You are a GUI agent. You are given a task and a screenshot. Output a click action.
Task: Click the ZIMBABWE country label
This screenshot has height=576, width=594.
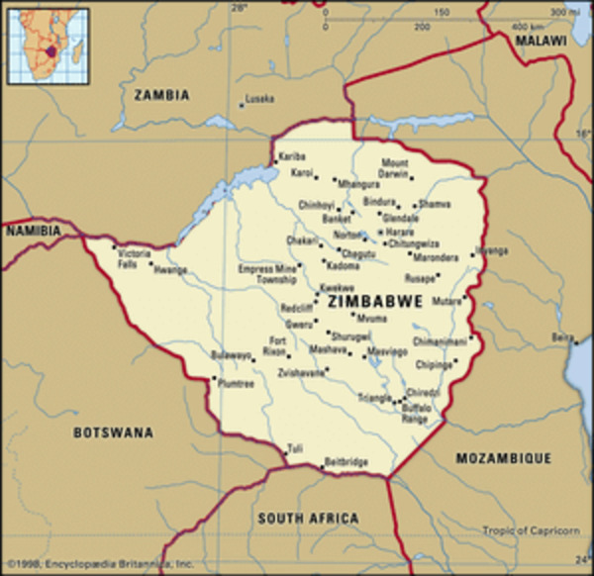(375, 301)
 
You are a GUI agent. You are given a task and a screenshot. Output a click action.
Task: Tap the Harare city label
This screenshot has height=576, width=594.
(400, 232)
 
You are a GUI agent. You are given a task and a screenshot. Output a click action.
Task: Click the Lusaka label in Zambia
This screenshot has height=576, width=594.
(259, 99)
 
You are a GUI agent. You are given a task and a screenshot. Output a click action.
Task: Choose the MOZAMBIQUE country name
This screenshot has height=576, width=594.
(502, 459)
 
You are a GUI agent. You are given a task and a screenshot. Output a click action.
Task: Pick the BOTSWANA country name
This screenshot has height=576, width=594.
(114, 432)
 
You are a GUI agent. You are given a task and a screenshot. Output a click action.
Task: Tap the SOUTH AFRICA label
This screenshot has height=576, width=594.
(308, 518)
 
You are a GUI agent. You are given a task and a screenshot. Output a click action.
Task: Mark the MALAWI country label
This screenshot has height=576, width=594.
(541, 41)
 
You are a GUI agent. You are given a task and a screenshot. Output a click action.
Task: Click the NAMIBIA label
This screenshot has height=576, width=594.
(33, 231)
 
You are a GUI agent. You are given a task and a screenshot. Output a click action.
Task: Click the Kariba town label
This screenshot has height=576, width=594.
(292, 157)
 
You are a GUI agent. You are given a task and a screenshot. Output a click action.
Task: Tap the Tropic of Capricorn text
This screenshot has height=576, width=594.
(531, 531)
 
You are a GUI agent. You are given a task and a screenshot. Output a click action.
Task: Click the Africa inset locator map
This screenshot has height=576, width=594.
(47, 44)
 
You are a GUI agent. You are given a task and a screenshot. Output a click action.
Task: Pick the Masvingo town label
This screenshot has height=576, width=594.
(387, 351)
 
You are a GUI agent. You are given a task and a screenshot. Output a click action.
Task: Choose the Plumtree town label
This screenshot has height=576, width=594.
(236, 383)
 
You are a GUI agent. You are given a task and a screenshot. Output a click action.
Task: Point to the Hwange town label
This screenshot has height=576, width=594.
(170, 268)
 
